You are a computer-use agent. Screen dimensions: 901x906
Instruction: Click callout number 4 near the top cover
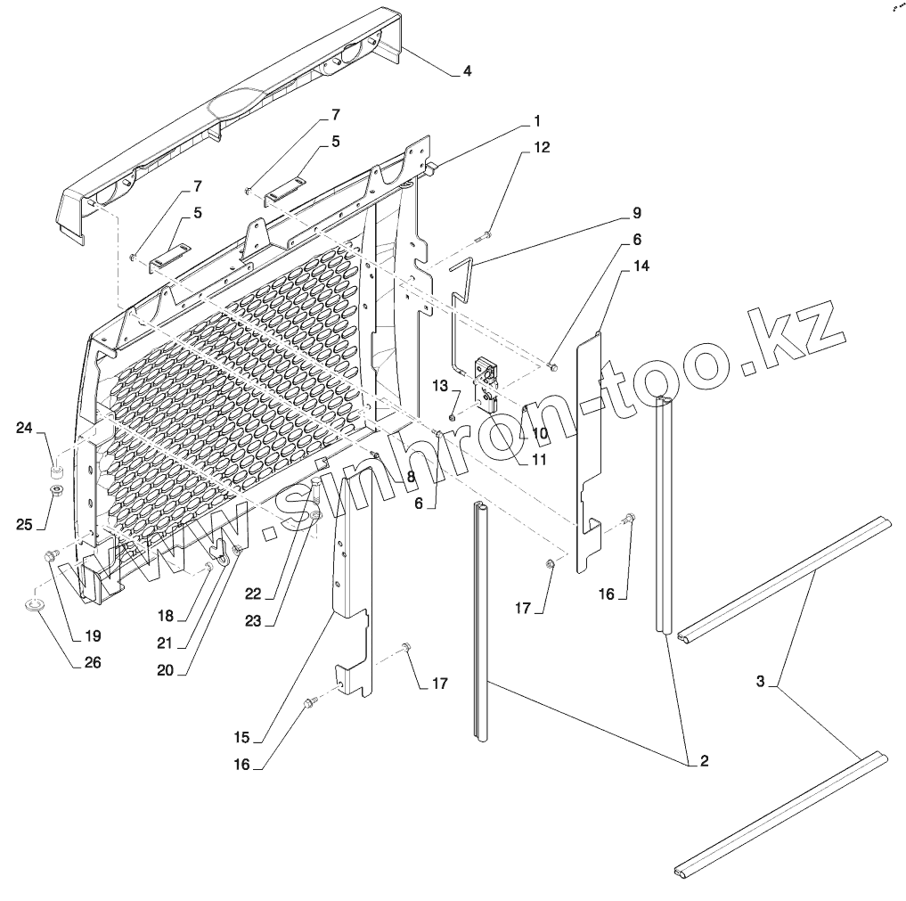coord(467,71)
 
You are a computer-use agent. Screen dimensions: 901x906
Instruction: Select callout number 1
coord(537,119)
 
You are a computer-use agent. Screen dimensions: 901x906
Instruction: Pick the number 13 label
coord(439,385)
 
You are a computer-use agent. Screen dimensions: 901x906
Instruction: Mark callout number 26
coord(93,663)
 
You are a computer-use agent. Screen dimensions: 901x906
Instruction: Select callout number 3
coord(760,682)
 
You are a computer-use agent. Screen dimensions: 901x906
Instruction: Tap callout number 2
coord(703,761)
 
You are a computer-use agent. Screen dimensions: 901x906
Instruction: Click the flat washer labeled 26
coord(36,609)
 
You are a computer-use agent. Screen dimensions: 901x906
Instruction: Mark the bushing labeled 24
coord(55,470)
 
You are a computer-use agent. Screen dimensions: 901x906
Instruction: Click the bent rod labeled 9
coord(459,303)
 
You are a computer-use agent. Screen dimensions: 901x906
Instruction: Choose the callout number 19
coord(93,636)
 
